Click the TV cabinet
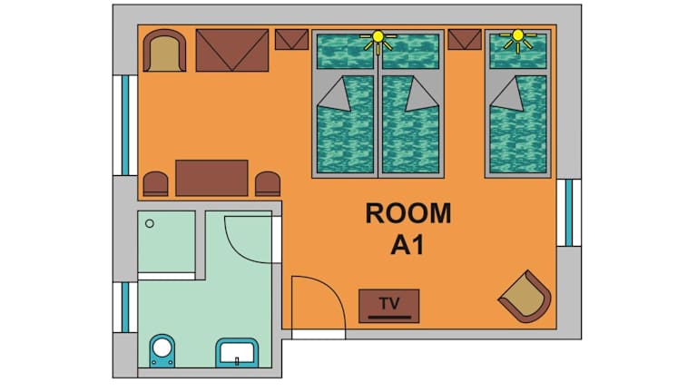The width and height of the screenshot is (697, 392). (389, 306)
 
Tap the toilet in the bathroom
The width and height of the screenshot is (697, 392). (162, 350)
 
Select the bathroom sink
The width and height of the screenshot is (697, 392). (237, 352)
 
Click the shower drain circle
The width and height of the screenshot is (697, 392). (150, 223)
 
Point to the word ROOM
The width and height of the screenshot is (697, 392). (408, 213)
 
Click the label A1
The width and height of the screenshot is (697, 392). (407, 245)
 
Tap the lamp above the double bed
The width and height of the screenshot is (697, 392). (378, 41)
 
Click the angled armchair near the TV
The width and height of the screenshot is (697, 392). (525, 297)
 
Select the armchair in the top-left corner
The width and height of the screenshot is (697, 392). (164, 51)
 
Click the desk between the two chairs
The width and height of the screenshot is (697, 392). (211, 178)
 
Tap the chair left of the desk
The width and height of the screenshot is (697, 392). (155, 184)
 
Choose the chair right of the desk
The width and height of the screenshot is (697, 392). (268, 184)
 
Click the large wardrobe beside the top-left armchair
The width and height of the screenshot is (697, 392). (232, 50)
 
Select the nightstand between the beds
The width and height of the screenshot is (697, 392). (465, 40)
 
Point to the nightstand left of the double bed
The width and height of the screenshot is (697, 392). (291, 40)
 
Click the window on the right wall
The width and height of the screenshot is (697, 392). (569, 212)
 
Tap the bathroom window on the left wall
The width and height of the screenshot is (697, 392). (125, 307)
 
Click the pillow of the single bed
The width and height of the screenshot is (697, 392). (518, 52)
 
